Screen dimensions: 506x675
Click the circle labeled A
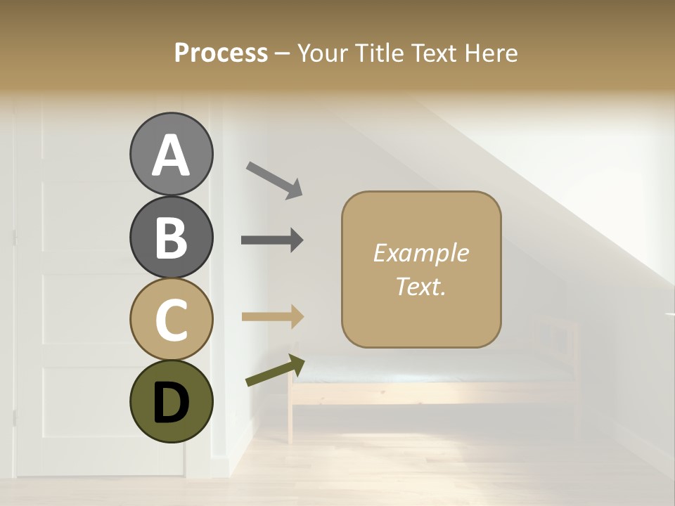tap(171, 154)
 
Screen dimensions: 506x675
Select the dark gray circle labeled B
tap(171, 237)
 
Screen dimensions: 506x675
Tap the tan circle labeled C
tap(171, 319)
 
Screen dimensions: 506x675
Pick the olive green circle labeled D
tap(171, 401)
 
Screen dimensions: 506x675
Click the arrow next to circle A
tap(274, 180)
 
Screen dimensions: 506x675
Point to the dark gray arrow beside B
tap(272, 240)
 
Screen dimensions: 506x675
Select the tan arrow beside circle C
tap(272, 316)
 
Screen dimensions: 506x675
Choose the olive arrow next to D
tap(275, 370)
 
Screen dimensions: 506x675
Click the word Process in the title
tap(221, 53)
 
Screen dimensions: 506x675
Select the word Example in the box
tap(420, 253)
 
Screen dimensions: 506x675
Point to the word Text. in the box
tap(420, 287)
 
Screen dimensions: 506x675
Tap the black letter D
tap(171, 403)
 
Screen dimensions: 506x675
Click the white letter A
tap(171, 155)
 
